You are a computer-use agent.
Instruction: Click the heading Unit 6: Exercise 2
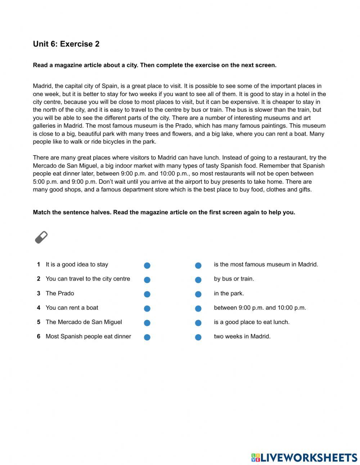66,44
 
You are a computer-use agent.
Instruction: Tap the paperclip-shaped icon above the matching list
41,237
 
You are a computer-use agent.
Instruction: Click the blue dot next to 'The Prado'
147,294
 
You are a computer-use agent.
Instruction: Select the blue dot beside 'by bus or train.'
198,280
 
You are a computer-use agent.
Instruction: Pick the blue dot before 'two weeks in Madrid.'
198,337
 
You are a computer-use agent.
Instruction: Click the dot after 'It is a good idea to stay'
147,265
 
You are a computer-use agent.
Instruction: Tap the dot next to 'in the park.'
198,294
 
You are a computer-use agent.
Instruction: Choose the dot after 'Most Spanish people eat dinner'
147,337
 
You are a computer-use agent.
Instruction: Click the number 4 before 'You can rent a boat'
39,308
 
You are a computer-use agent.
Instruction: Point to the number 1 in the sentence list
39,265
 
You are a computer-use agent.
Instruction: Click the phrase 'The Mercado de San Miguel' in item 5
84,322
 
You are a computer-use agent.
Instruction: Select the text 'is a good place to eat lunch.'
252,322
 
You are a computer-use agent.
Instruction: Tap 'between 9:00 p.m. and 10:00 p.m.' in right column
260,308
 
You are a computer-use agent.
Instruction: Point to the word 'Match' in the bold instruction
42,212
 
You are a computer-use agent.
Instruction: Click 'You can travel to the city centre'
88,279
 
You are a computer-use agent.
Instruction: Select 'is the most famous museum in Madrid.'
266,265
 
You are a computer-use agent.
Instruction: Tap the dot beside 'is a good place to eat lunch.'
198,323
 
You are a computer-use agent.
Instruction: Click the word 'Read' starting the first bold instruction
40,65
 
